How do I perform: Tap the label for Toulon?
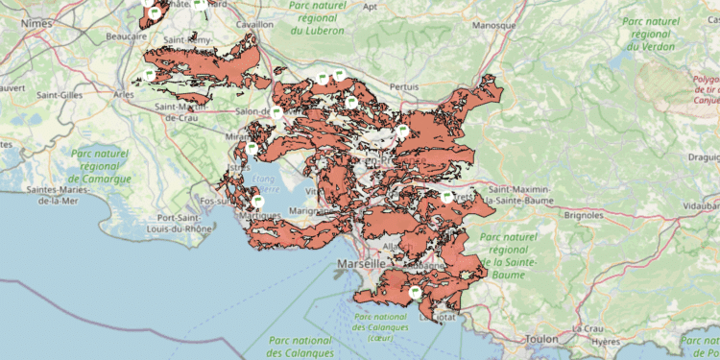(541, 340)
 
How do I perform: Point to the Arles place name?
(123, 95)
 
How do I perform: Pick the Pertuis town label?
(404, 86)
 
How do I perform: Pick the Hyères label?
(605, 340)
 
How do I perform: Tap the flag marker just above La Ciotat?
(416, 293)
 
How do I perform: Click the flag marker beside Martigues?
(257, 202)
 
